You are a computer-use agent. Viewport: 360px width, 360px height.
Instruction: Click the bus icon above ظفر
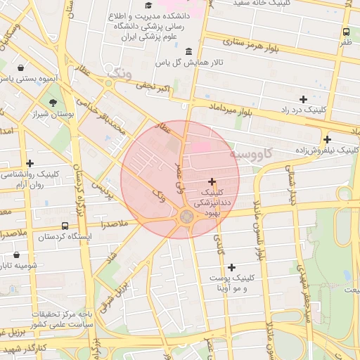(346, 32)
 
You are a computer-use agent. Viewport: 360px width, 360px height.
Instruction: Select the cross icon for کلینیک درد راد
(303, 99)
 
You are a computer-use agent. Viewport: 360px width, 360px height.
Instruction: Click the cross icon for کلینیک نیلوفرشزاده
(327, 139)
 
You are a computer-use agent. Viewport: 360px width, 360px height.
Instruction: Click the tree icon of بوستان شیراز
(53, 103)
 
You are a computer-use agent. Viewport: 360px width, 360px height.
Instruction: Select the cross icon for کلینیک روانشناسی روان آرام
(30, 163)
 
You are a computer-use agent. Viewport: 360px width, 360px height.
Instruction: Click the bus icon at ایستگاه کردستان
(65, 226)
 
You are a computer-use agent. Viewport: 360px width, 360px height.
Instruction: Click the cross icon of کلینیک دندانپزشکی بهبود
(212, 181)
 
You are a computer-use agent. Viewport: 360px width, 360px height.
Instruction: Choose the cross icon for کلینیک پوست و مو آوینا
(232, 267)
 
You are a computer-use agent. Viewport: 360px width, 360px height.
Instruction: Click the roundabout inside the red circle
(187, 216)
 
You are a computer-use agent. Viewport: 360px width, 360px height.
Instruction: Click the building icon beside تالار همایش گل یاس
(188, 51)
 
